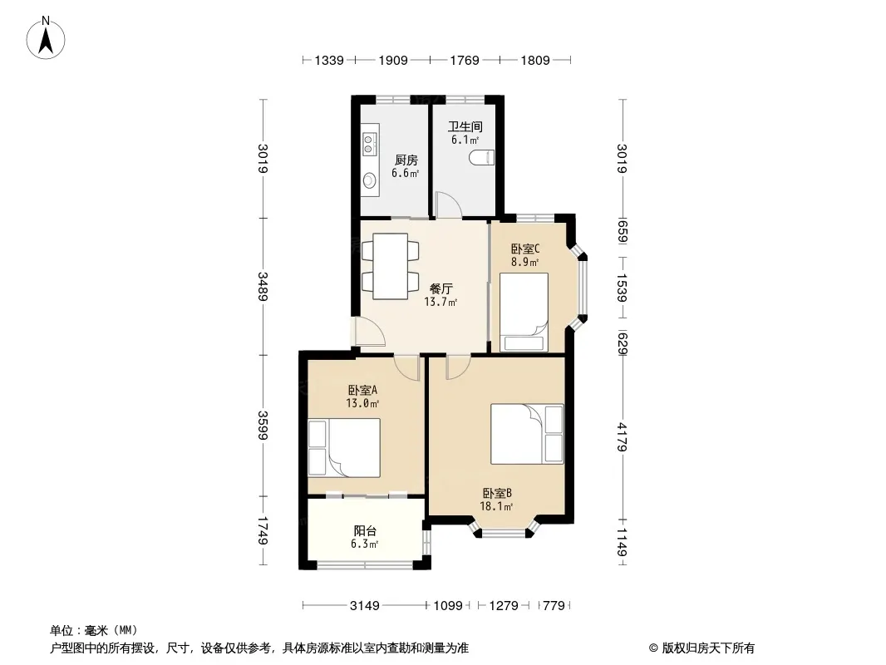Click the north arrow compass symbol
pos(46,38)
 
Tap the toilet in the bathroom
pos(482,157)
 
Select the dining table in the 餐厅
pos(391,266)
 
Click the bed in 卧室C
pos(524,312)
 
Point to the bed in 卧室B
pos(527,434)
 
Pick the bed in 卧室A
pos(343,447)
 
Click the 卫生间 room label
pos(465,126)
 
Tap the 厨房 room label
pos(406,160)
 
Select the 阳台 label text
pos(365,531)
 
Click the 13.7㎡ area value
pos(441,302)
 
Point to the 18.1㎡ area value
pos(496,506)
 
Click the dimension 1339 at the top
pos(329,60)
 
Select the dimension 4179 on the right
pos(623,437)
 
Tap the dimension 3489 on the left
pos(263,287)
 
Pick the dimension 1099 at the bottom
pos(448,606)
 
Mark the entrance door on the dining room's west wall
pos(368,332)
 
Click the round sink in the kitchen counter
pos(369,180)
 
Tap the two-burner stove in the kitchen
pos(369,144)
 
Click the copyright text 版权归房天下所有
pos(708,648)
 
